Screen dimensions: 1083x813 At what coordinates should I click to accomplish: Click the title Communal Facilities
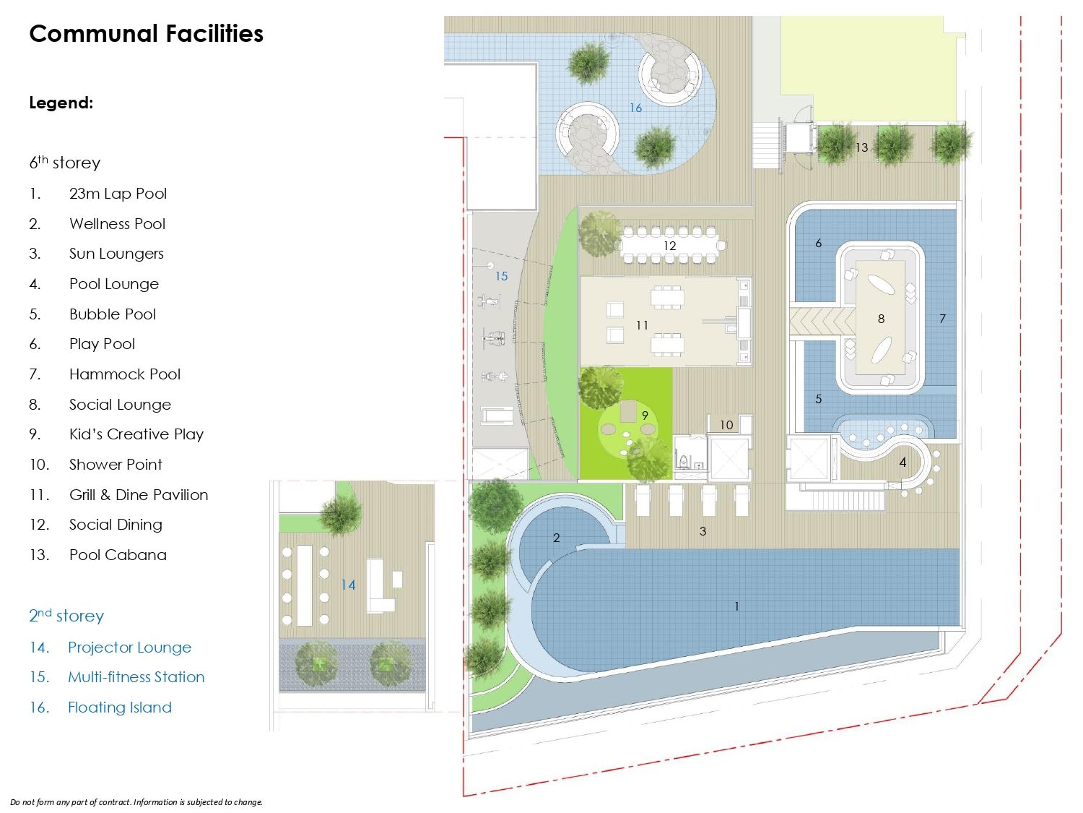point(146,33)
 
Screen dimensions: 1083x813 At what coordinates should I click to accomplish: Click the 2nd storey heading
point(66,615)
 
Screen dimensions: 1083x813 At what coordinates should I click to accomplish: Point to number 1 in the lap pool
point(736,606)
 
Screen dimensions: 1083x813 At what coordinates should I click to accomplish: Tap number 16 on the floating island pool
point(635,108)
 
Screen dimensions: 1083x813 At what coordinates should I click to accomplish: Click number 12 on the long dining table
point(669,245)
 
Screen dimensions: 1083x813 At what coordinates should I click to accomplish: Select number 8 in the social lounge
point(881,319)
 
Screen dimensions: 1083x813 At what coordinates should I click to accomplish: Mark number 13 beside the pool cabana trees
point(861,147)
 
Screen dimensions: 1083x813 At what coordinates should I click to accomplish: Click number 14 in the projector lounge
point(348,585)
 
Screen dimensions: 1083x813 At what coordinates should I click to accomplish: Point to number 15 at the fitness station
point(501,276)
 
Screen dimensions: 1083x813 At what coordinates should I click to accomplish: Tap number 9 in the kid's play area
point(645,415)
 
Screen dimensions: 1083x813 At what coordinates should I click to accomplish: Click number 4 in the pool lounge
point(902,462)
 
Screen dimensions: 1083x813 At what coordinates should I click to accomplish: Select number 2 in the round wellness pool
point(556,538)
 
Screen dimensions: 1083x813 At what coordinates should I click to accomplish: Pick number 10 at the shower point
point(726,424)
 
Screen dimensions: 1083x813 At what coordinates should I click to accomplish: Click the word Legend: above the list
point(61,103)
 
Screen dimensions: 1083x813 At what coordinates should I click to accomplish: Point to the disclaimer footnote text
point(136,802)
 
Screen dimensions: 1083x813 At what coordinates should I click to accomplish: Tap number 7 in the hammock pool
point(942,319)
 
